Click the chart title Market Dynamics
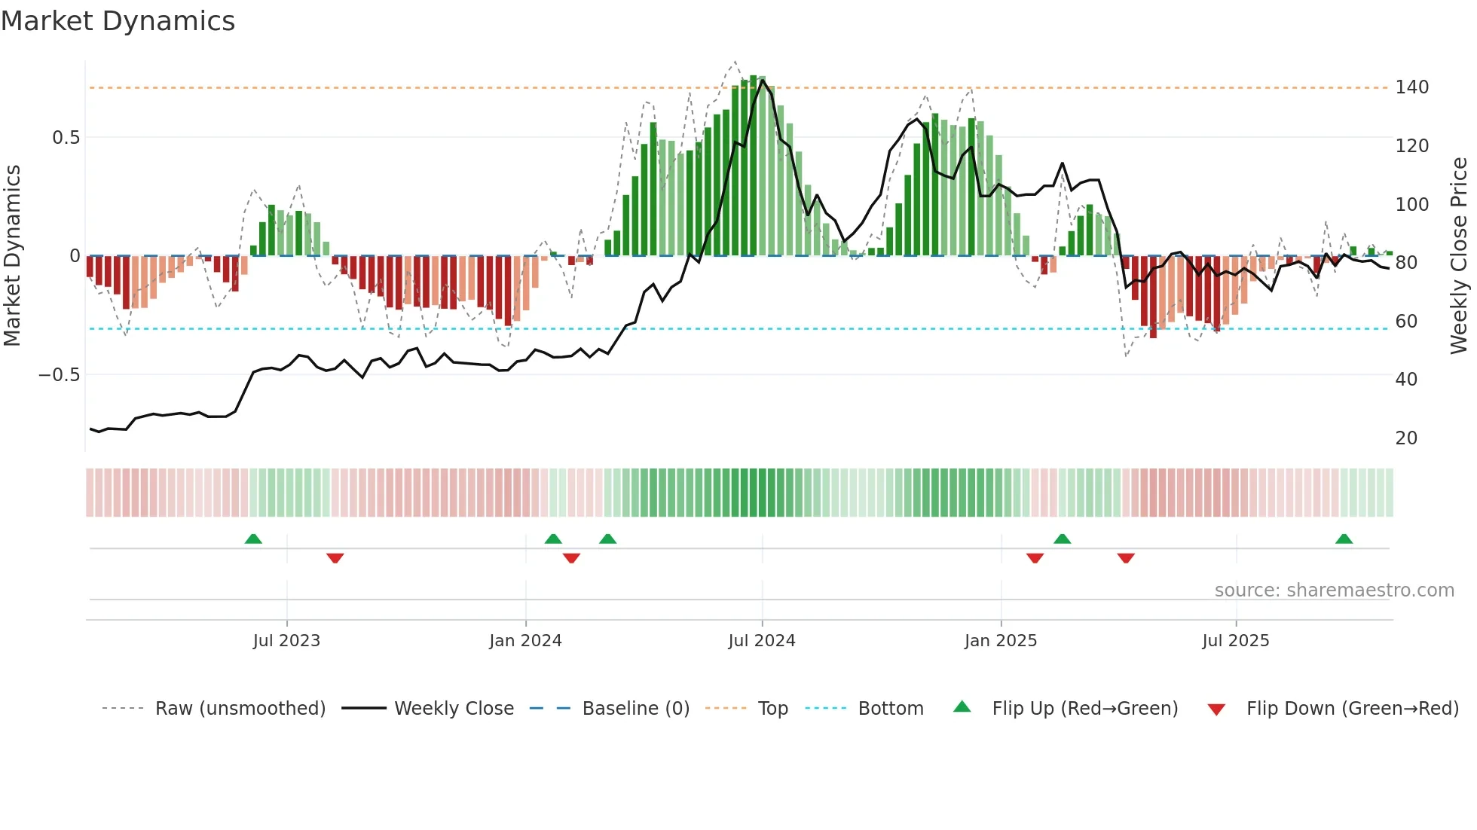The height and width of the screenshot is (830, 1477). click(x=118, y=21)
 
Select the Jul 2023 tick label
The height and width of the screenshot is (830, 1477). click(x=286, y=641)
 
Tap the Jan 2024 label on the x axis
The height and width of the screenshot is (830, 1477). click(x=525, y=641)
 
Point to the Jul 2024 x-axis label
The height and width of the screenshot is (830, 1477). click(x=762, y=641)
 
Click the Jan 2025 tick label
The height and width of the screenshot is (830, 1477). click(x=1001, y=641)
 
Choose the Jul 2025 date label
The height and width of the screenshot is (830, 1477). click(x=1236, y=641)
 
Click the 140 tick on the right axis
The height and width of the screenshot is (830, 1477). click(x=1411, y=87)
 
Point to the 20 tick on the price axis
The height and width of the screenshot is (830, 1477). click(x=1406, y=438)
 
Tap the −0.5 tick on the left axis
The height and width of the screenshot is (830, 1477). click(x=60, y=375)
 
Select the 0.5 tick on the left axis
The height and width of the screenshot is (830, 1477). click(x=66, y=138)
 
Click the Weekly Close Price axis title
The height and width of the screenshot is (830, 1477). click(x=1459, y=256)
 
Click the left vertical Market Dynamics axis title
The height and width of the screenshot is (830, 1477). click(x=13, y=256)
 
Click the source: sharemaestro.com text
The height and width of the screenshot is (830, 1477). click(x=1334, y=590)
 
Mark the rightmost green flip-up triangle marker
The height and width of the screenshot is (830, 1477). click(x=1344, y=539)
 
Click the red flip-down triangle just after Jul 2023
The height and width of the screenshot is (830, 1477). click(x=335, y=558)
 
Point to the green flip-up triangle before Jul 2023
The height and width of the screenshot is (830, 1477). click(x=253, y=539)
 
